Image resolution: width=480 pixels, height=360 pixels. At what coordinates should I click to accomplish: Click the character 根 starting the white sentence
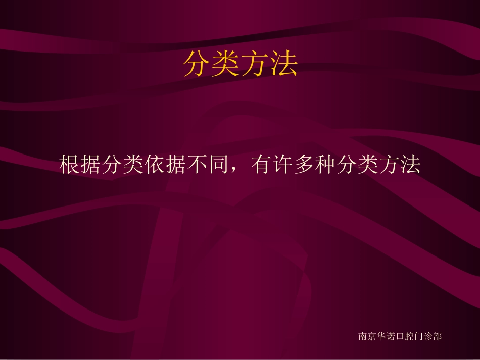tap(70, 165)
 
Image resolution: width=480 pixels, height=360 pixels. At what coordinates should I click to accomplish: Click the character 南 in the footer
tap(363, 336)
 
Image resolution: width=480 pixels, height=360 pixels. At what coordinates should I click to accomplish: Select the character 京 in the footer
tap(372, 336)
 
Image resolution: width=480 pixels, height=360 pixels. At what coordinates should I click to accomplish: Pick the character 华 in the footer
tap(381, 336)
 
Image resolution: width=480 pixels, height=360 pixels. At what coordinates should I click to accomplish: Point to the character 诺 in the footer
tap(391, 336)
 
